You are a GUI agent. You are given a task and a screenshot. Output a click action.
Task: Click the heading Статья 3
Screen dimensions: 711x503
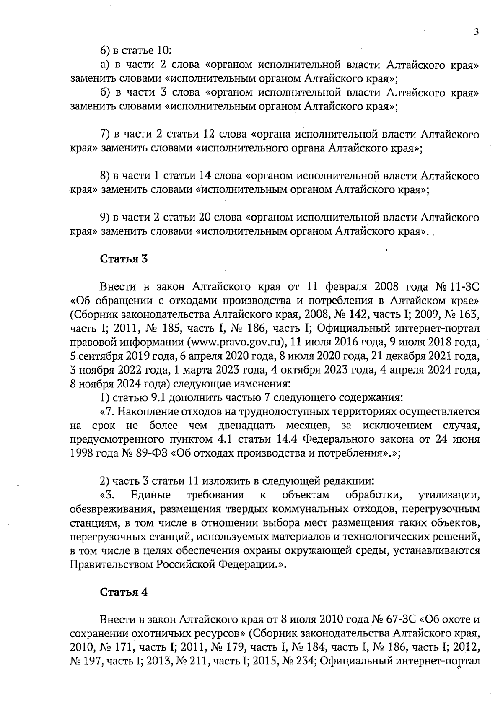point(124,259)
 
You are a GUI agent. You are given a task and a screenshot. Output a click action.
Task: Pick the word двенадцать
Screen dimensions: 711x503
point(247,426)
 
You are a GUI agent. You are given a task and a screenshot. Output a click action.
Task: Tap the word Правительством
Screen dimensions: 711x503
point(111,564)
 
